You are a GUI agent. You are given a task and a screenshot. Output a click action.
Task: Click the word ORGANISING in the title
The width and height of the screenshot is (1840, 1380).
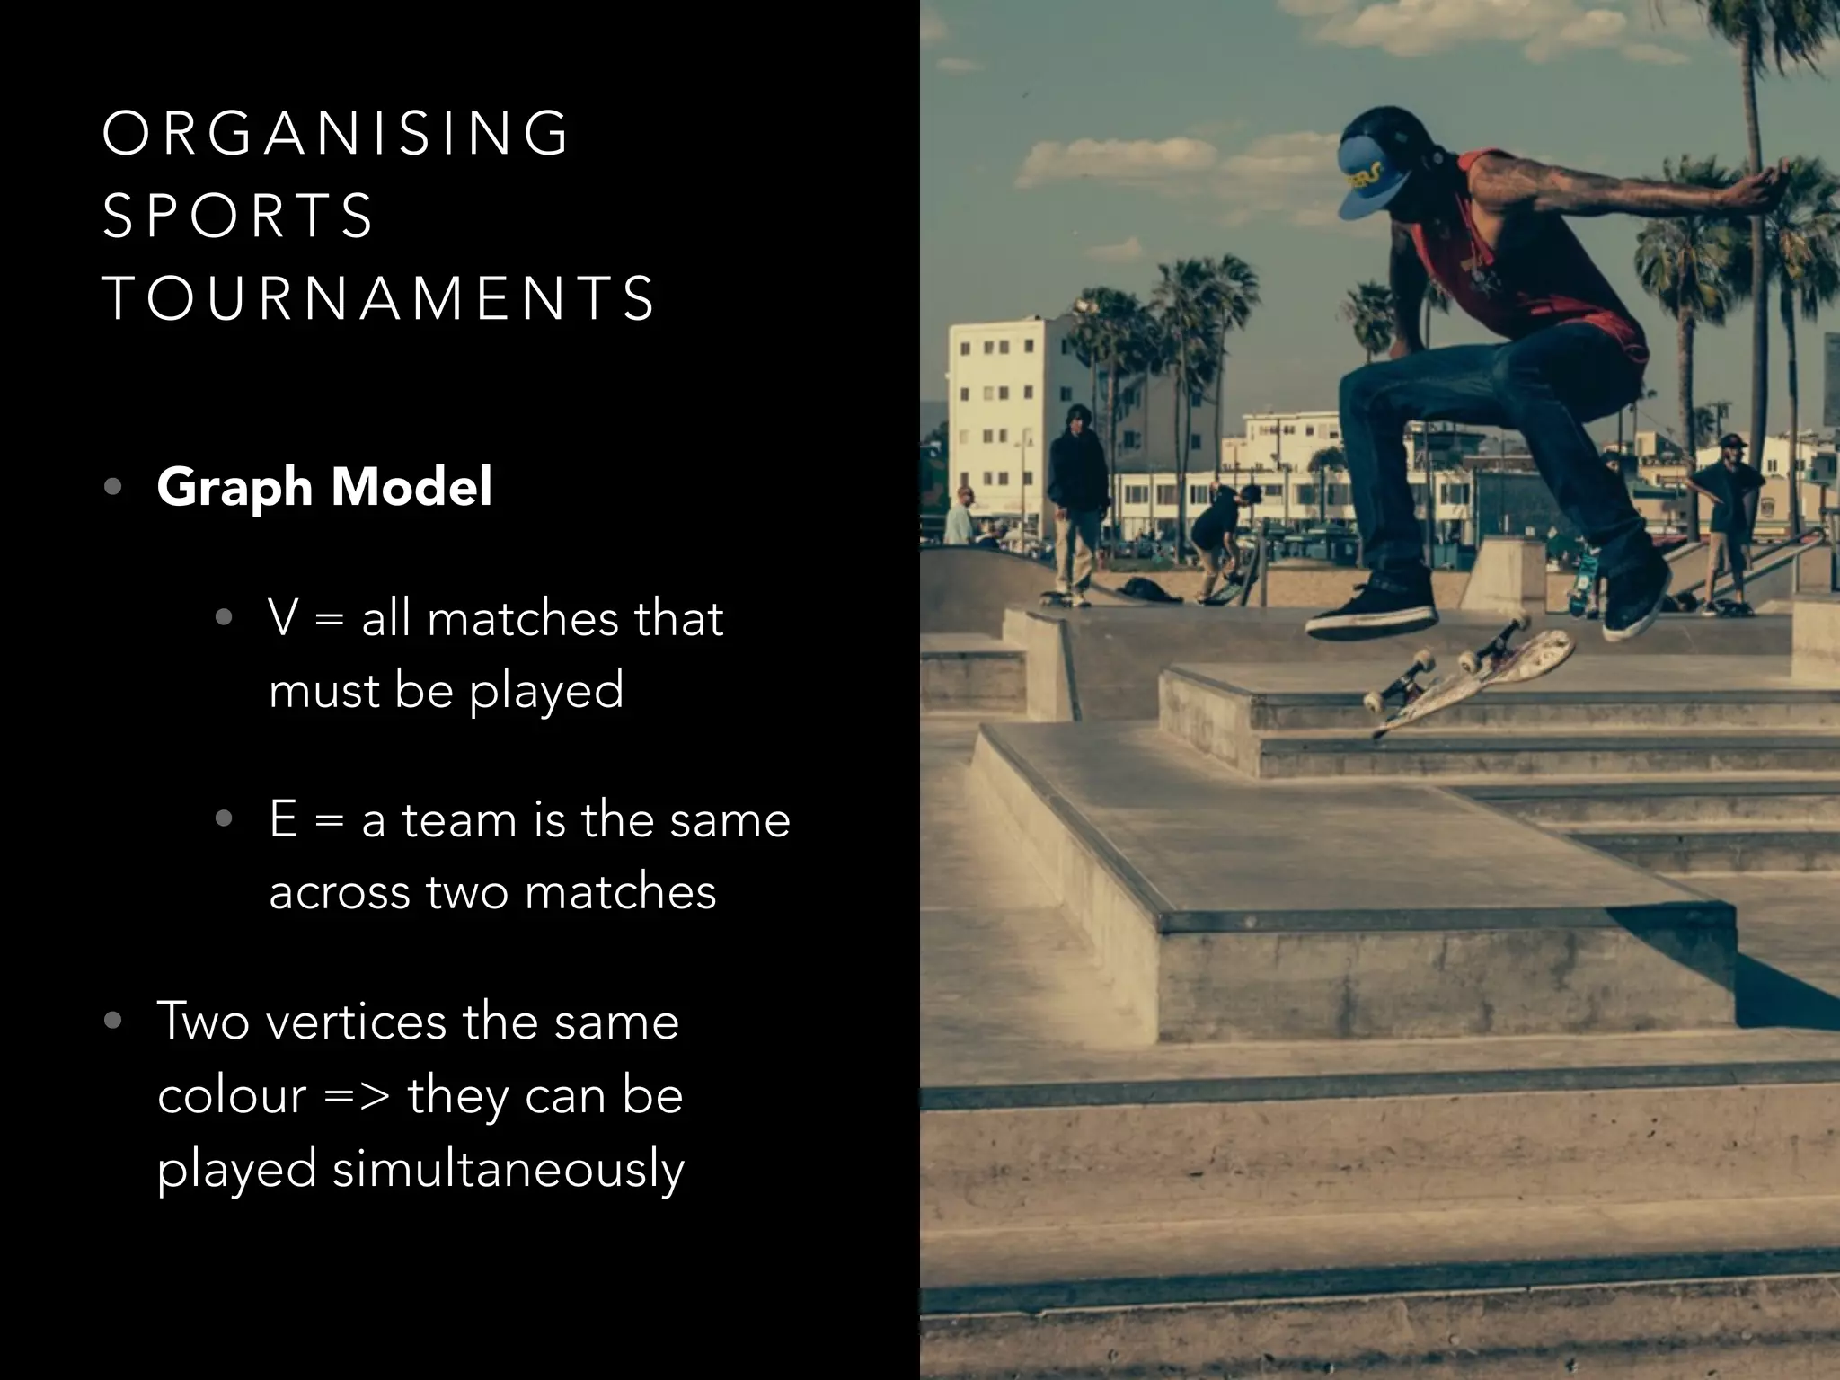[336, 134]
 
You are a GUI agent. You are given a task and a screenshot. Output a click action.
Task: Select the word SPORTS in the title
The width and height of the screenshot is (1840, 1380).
[237, 217]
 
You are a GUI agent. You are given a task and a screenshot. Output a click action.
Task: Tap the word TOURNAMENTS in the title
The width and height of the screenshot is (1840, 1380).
[378, 298]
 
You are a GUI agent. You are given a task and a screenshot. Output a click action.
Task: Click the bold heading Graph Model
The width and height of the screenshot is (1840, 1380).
[323, 487]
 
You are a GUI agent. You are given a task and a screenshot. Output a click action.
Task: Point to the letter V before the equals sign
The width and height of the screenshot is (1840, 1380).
[283, 619]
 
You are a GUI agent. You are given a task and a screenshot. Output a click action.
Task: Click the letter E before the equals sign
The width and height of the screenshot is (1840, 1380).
[283, 820]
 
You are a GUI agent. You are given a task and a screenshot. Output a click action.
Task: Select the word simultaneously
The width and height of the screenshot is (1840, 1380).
[509, 1170]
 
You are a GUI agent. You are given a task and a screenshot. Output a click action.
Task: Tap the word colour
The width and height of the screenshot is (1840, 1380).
[232, 1096]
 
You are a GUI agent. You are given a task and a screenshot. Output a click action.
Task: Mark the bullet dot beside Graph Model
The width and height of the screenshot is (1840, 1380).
[112, 487]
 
